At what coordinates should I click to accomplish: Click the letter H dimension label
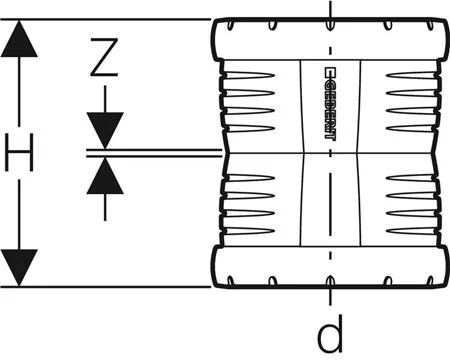coord(19,152)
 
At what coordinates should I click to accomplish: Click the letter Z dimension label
coord(104,57)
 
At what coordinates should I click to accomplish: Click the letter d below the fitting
coord(330,334)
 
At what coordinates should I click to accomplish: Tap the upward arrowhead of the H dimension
coord(19,39)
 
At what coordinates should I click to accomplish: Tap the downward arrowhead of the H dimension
coord(19,267)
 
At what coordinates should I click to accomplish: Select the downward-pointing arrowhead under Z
coord(105,130)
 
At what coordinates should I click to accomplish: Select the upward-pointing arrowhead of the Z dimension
coord(105,176)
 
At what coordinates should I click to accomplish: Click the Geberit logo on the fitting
coord(330,103)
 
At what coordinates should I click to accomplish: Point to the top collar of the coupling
coord(330,40)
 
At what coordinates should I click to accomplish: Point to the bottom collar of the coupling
coord(330,267)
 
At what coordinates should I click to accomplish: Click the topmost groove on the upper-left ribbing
coord(249,75)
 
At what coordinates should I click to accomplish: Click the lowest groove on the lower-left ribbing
coord(249,231)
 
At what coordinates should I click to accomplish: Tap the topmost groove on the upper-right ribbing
coord(412,75)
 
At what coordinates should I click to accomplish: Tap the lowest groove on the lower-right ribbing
coord(412,231)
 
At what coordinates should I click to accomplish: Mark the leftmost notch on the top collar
coord(230,26)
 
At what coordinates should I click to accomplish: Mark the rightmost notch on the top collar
coord(430,26)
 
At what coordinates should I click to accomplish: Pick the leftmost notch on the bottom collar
coord(230,281)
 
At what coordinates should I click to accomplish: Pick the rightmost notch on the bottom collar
coord(430,281)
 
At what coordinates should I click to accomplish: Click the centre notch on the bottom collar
coord(330,281)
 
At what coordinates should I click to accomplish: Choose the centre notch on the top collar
coord(330,26)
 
